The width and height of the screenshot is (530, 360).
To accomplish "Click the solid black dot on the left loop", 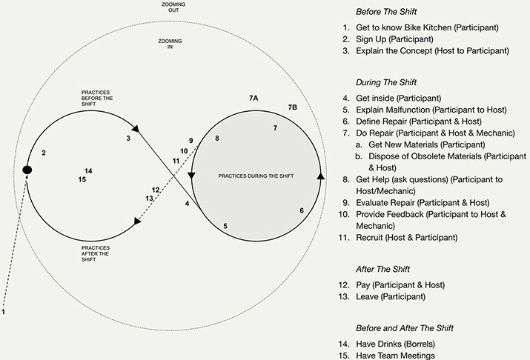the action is coord(27,170).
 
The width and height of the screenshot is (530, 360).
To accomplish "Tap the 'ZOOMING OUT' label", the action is coord(173,7).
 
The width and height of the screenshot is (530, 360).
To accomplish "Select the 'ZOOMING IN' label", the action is coord(170,44).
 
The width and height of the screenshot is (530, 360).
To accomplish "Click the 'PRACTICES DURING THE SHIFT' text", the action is coord(256,176).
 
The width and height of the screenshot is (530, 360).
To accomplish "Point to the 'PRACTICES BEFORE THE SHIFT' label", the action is coord(97,99).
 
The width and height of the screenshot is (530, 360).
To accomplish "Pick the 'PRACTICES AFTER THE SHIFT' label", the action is coord(96,253).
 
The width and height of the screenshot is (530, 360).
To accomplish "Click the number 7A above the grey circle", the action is coord(254,99).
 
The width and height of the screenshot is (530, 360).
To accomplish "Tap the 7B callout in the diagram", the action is coord(292,107).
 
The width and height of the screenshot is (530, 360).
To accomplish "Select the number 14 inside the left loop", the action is coord(88,171).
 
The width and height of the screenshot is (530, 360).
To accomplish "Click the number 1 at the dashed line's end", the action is coord(4,312).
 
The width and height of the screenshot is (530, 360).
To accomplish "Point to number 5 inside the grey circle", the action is coord(225,226).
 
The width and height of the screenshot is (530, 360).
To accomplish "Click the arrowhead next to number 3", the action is coord(136,128).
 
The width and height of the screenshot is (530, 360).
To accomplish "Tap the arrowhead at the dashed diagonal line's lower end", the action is coord(137,221).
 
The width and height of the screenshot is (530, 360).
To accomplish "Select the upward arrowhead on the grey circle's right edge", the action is coord(321,176).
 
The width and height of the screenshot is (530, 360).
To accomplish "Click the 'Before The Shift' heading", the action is coord(386,12).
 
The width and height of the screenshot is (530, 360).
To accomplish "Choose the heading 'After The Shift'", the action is coord(382,269).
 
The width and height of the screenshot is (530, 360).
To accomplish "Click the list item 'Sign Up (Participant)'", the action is coord(394,39).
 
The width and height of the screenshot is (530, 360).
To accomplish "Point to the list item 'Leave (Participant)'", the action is coord(391,296).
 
